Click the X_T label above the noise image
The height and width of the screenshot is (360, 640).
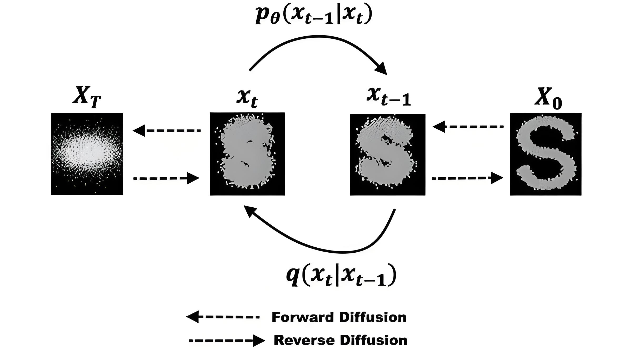87,97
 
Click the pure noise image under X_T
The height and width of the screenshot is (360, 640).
87,154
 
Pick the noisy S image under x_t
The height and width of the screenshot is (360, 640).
247,154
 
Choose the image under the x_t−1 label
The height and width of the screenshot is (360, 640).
387,154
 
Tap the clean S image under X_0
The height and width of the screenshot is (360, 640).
546,154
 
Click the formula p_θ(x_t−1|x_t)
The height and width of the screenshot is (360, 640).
314,15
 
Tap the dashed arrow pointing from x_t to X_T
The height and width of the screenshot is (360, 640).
167,131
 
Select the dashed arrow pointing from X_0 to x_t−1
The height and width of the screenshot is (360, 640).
468,127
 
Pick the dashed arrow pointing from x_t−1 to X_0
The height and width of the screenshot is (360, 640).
467,178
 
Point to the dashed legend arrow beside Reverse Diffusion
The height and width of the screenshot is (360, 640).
227,341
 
